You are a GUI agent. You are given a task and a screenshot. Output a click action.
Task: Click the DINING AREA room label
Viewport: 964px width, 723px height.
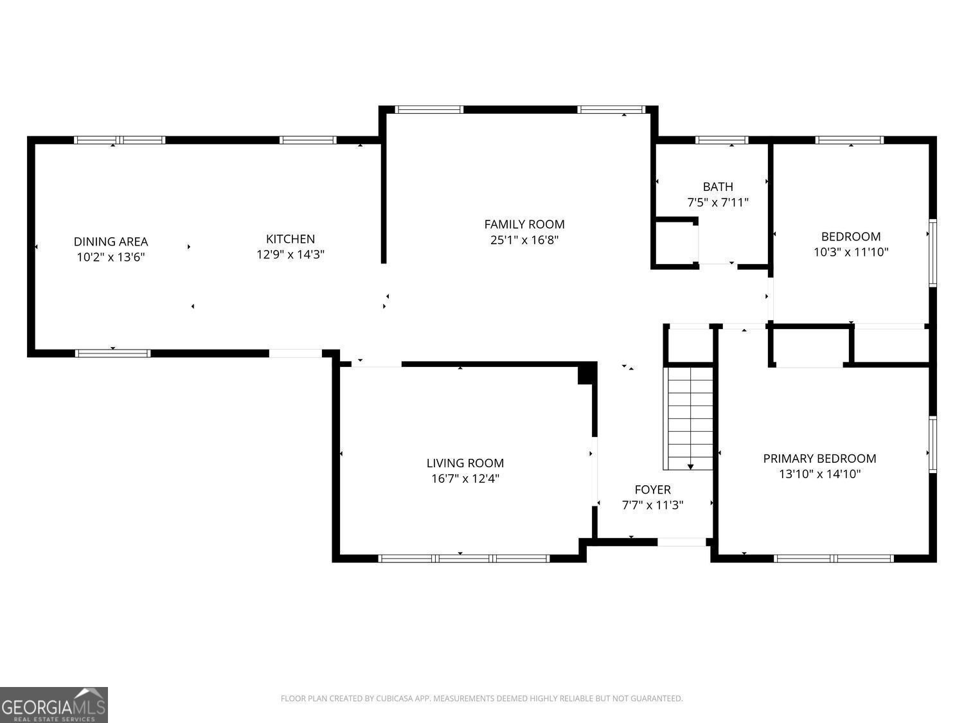click(111, 242)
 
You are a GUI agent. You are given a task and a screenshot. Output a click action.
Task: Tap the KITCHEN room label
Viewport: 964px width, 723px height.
click(290, 239)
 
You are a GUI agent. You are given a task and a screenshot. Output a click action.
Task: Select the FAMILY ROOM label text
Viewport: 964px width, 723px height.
click(524, 224)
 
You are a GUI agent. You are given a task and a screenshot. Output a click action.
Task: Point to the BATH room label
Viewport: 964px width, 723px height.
click(718, 187)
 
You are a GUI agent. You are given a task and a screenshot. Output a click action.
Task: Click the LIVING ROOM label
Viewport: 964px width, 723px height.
click(465, 463)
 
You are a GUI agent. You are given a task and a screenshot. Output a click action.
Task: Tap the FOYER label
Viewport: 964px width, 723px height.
click(652, 490)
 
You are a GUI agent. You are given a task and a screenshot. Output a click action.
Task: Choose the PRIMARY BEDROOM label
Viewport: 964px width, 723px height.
click(819, 458)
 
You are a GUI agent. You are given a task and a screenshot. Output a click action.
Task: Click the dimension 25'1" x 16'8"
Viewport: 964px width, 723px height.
click(524, 240)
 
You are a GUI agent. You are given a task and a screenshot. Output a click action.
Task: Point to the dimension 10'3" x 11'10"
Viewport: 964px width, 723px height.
click(851, 253)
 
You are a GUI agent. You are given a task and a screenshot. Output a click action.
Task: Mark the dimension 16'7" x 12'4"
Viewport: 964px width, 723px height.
click(465, 479)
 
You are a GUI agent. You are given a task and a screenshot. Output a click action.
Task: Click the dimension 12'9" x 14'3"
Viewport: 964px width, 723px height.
click(290, 254)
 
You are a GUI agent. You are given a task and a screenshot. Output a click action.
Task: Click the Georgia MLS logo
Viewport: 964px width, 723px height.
click(54, 704)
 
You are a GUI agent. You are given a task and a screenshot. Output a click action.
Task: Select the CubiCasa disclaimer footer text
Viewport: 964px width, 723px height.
click(481, 699)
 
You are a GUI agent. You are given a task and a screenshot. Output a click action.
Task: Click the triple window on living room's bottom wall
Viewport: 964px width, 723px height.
click(464, 558)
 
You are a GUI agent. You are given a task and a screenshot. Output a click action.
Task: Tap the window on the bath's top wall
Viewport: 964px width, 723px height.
click(722, 140)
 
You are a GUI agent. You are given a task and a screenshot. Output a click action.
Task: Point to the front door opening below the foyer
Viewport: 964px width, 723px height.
click(681, 542)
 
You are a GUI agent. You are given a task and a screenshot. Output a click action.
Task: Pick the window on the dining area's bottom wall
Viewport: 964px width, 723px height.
click(113, 353)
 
